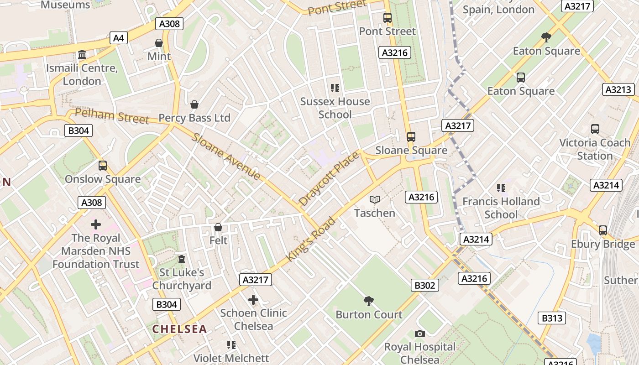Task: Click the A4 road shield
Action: (118, 38)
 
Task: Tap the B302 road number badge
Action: (425, 286)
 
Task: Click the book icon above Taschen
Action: (375, 200)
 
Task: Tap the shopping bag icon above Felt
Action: (218, 227)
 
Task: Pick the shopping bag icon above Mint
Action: (159, 43)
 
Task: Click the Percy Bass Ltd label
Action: (194, 118)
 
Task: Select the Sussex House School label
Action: (335, 108)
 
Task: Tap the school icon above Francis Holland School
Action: (501, 188)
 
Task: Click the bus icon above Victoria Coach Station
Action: (595, 129)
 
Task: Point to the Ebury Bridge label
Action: (602, 244)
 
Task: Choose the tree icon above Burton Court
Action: (369, 301)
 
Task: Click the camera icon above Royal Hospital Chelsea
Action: (420, 334)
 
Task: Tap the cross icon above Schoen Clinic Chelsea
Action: (253, 300)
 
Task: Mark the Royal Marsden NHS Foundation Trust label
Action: (96, 251)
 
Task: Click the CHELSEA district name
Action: (179, 329)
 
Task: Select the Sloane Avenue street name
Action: (226, 156)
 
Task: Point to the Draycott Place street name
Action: (329, 179)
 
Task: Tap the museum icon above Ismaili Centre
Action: (82, 55)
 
